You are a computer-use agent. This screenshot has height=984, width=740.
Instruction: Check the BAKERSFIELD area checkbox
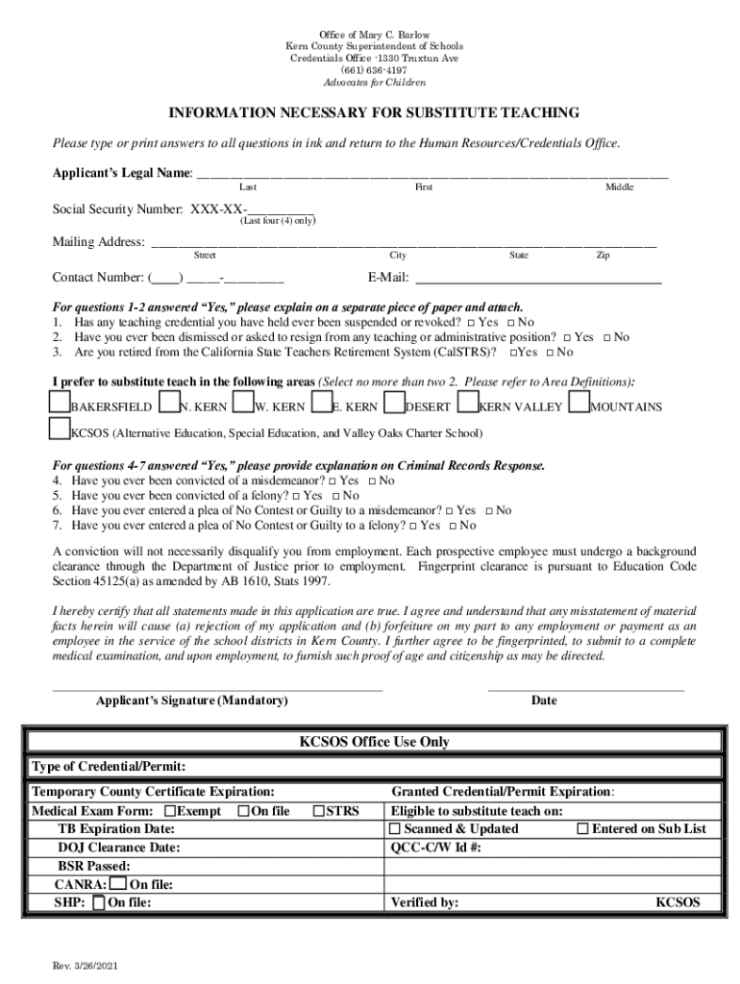tap(60, 401)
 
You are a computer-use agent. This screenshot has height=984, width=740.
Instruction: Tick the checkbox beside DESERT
tap(394, 401)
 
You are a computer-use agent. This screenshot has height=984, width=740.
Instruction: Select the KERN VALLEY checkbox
tap(469, 401)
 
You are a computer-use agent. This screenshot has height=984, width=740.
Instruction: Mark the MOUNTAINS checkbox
tap(580, 401)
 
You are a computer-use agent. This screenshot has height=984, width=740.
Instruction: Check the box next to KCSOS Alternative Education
tap(60, 428)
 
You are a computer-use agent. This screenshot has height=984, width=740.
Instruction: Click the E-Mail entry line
tap(538, 281)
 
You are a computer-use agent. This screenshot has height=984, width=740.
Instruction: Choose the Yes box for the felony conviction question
tap(297, 496)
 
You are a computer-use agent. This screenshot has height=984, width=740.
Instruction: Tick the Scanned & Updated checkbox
tap(395, 828)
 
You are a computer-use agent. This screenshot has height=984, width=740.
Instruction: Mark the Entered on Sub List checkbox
tap(582, 828)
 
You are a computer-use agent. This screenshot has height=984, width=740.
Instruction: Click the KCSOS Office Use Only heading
tap(374, 742)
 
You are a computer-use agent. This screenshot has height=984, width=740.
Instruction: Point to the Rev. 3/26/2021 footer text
tap(86, 967)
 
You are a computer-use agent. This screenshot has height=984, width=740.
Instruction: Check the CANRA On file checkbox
tap(117, 884)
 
